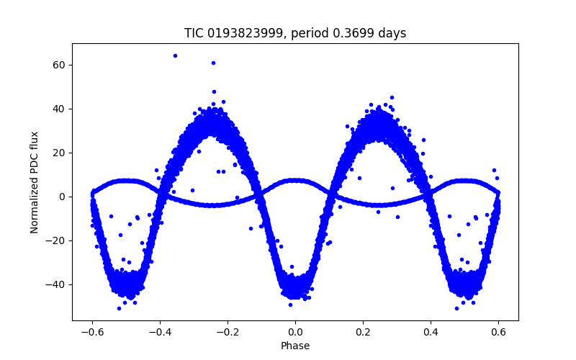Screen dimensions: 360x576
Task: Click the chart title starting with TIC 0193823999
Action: (295, 34)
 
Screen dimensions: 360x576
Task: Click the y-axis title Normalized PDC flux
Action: (35, 181)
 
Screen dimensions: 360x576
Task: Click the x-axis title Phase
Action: (295, 346)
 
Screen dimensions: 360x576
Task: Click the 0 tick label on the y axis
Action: (63, 197)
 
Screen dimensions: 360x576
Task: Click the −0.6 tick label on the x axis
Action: (91, 332)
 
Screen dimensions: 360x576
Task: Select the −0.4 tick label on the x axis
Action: (159, 332)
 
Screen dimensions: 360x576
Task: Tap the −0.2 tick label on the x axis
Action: (227, 332)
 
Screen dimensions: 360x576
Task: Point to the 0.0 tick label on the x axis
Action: (295, 332)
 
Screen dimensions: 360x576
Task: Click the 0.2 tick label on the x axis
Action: (363, 332)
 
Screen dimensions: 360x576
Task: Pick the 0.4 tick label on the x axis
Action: (431, 332)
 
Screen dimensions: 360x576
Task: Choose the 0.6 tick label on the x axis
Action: (498, 332)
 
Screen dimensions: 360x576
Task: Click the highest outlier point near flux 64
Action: (175, 55)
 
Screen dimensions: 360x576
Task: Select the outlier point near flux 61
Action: (213, 63)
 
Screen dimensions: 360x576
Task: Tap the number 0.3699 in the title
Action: (356, 34)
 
